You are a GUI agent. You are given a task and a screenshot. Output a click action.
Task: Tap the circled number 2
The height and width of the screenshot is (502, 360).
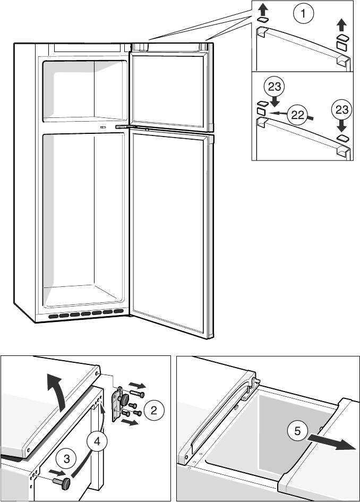(x=153, y=410)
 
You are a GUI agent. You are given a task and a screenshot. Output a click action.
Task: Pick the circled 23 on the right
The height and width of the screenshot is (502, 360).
(x=341, y=110)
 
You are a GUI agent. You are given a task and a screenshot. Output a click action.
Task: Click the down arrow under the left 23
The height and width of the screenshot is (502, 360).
(x=275, y=100)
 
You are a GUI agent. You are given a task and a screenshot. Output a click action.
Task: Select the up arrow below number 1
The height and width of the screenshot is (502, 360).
(x=341, y=25)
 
